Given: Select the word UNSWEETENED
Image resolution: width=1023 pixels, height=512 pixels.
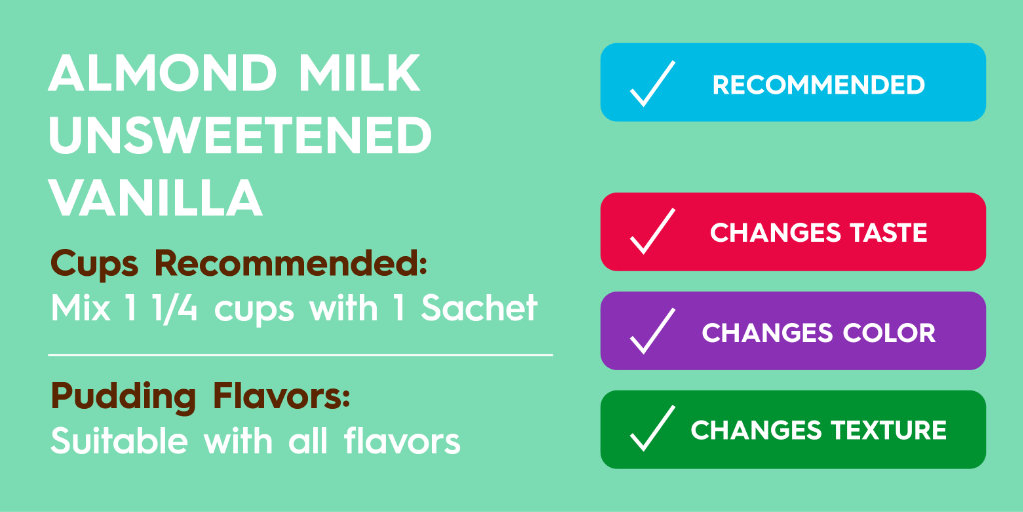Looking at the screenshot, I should point(240,136).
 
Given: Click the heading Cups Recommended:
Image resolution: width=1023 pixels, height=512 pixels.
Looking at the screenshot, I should point(239,265).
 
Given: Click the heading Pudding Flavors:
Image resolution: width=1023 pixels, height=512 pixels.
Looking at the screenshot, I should point(200,397).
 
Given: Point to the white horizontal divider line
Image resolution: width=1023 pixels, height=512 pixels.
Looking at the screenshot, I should point(300,354).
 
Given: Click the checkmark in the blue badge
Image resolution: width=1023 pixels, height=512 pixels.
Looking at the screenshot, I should point(652,84).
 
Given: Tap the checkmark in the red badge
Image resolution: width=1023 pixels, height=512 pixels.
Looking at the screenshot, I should point(652,232).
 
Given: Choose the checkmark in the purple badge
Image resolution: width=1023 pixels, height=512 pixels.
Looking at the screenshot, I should point(652,331).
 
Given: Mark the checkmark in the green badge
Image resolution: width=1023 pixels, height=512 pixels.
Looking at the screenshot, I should point(652,430).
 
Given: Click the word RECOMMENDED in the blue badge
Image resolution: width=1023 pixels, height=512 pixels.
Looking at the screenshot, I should point(818,85).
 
